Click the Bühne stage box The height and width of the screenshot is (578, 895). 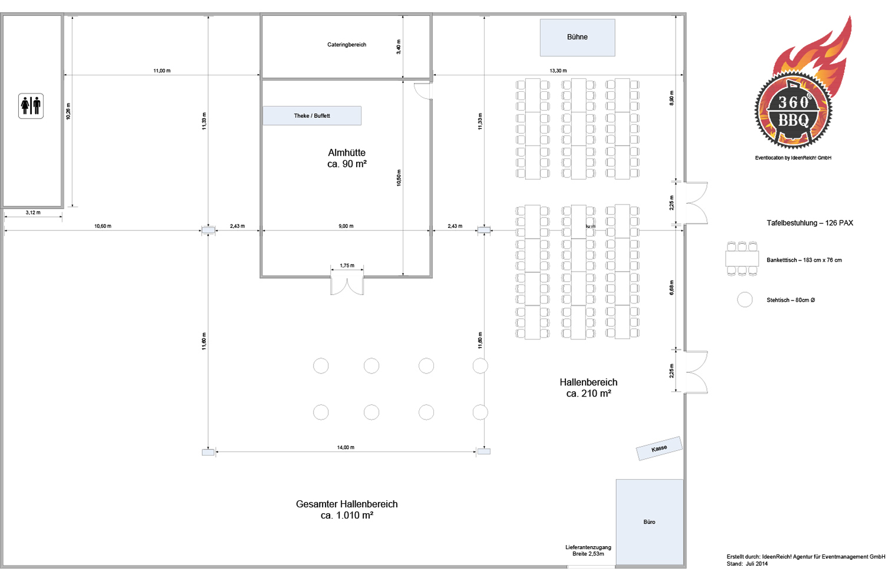point(577,37)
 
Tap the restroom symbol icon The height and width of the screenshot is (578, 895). point(31,106)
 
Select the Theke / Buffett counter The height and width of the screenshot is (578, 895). point(312,115)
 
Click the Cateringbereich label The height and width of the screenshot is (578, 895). point(347,45)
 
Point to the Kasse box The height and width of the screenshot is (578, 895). point(659,448)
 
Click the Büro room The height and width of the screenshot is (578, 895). point(649,522)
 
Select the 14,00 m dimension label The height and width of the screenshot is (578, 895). point(346,448)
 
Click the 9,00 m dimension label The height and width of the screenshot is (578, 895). point(346,226)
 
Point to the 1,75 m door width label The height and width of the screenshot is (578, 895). point(347,266)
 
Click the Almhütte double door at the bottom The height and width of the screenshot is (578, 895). point(347,285)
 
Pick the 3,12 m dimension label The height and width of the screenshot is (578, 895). point(33,213)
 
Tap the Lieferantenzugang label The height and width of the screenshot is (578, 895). point(588,550)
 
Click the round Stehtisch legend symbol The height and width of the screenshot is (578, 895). point(745,300)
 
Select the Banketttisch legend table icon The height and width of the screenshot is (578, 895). point(742,259)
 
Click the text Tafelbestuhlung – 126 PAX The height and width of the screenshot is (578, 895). point(810,223)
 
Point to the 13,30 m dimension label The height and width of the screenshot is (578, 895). point(558,71)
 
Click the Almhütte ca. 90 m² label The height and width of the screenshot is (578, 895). point(347,158)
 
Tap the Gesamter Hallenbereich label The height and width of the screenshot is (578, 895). point(347,510)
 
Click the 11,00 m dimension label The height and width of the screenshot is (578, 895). point(162,71)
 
